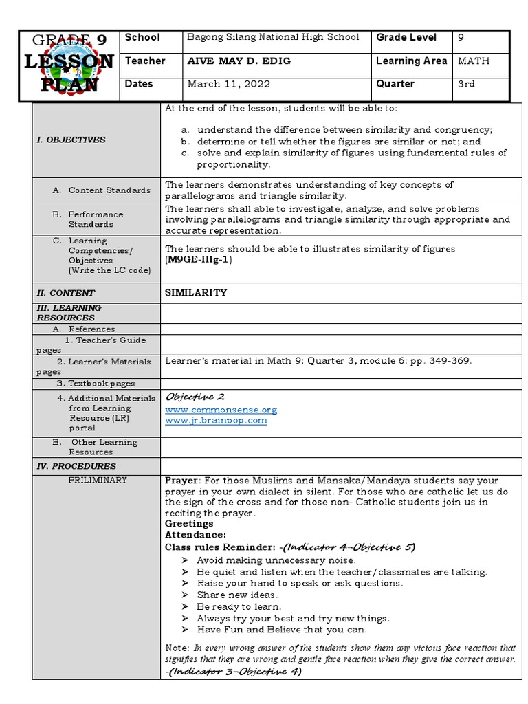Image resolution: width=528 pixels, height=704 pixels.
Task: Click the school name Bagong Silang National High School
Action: point(274,38)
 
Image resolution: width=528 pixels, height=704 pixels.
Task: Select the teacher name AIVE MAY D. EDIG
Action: point(239,61)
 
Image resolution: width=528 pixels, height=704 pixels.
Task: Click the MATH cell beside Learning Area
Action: point(474,61)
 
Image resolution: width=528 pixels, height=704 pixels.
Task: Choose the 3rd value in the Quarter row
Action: point(467,84)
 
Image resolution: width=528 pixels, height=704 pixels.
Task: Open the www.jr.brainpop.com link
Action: point(216,421)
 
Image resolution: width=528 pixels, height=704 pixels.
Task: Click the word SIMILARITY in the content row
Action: point(196,292)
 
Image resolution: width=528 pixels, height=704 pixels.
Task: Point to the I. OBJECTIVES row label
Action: point(71,140)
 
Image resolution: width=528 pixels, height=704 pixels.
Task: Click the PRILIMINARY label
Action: point(97,480)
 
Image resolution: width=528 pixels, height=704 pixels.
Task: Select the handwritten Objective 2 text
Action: point(195,397)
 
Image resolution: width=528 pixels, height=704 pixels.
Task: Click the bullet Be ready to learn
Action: point(239,606)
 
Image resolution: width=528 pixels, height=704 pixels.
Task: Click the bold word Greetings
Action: point(189,523)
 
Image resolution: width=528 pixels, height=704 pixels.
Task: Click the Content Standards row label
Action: point(109,190)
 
